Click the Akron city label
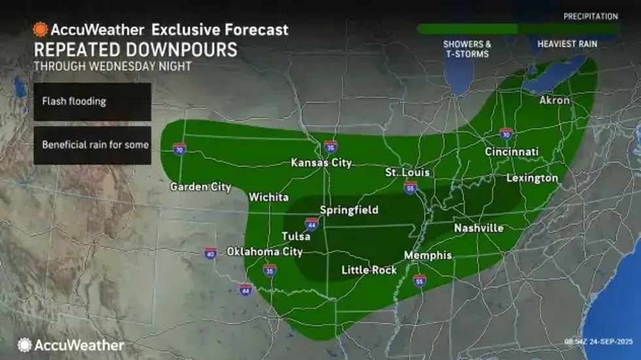click(x=554, y=101)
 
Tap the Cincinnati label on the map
click(x=511, y=152)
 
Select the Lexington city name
click(x=532, y=178)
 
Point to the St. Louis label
click(x=407, y=173)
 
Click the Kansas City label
click(x=321, y=163)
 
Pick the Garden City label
click(x=201, y=187)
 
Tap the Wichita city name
click(x=269, y=197)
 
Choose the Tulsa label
click(x=296, y=236)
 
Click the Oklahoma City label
click(x=264, y=252)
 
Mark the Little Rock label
click(x=370, y=270)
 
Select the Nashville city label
click(x=479, y=228)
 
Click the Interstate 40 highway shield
click(x=210, y=253)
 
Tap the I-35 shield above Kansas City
click(x=331, y=147)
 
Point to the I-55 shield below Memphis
click(x=420, y=280)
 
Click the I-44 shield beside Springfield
click(x=312, y=225)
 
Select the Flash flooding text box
click(x=92, y=101)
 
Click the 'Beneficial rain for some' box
click(x=92, y=145)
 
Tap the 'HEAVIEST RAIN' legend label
click(x=566, y=44)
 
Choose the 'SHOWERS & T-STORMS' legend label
click(x=466, y=48)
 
